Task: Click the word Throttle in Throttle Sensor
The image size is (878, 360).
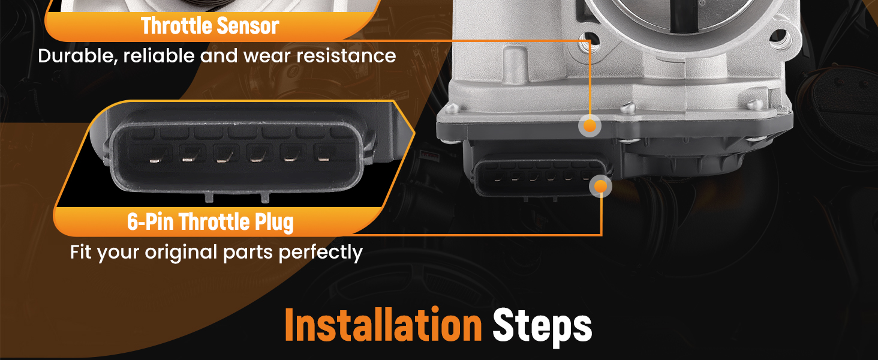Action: pos(176,26)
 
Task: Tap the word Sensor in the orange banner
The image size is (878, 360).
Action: pos(248,26)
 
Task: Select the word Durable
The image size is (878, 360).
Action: pos(77,56)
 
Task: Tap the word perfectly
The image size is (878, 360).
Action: pos(320,253)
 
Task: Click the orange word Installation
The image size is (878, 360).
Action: pos(383,325)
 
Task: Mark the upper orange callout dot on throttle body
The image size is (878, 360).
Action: pos(590,126)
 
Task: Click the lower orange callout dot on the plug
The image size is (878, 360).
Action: pos(600,186)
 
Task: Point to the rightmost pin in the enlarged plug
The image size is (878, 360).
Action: pos(323,159)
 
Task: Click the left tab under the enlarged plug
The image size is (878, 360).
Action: pos(209,197)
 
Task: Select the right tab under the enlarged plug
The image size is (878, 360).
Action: pos(265,197)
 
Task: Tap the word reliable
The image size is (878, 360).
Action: pos(159,56)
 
